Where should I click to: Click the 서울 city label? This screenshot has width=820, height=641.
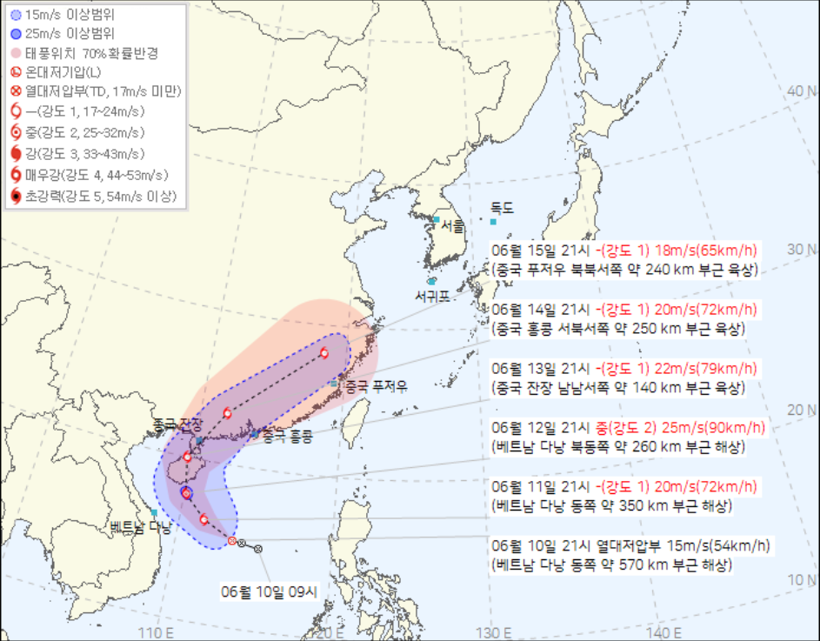pos(452,225)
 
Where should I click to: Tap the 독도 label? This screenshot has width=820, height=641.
pos(503,208)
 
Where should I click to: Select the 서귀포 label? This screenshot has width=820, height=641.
pos(433,297)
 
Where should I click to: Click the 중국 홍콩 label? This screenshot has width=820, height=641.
pos(286,435)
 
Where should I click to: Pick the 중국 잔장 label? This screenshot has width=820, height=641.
pos(178,424)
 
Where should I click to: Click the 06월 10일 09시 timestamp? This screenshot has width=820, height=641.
pos(270,591)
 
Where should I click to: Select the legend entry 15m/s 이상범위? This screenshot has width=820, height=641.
pos(70,15)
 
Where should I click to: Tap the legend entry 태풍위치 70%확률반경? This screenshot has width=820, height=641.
pos(96,53)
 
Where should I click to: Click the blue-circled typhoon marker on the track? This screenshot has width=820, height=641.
pos(186,493)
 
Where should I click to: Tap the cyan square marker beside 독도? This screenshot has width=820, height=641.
pos(493,222)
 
